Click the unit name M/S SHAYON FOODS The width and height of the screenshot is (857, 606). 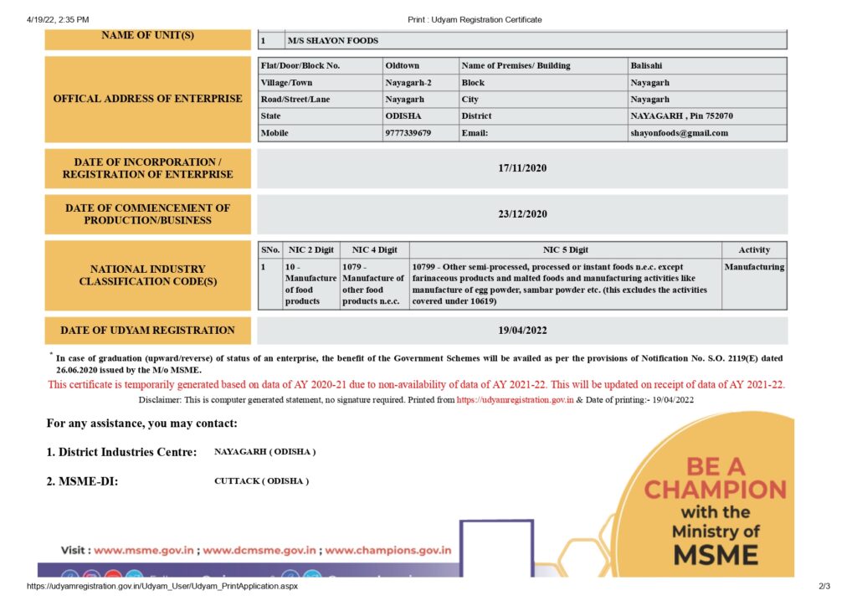tap(333, 40)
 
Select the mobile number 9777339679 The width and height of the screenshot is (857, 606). tap(408, 133)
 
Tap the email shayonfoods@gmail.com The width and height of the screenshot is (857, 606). tap(679, 133)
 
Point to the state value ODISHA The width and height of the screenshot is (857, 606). tap(403, 116)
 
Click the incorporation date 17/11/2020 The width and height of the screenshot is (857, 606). tap(522, 168)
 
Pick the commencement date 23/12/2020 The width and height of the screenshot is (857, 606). tap(522, 214)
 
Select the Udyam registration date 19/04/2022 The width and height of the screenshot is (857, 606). tap(522, 331)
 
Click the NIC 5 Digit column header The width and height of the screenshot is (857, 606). tap(566, 249)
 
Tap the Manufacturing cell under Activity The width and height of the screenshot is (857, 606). tap(754, 267)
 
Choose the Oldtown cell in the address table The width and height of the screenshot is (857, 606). tap(402, 65)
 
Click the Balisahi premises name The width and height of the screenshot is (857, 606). tap(647, 65)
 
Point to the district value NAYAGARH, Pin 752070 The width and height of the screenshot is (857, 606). tap(681, 116)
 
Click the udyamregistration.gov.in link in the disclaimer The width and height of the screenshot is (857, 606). tap(515, 400)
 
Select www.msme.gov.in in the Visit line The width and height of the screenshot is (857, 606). tap(144, 551)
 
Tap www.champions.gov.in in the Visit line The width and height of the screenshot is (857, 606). tap(388, 551)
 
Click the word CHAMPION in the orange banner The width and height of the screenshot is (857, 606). tap(716, 489)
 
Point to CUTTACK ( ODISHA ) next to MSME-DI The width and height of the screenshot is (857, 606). tap(261, 481)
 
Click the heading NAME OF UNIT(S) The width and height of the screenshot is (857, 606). tap(147, 35)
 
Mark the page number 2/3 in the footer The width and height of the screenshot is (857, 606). tap(824, 587)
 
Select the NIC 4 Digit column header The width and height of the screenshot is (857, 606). tap(374, 249)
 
